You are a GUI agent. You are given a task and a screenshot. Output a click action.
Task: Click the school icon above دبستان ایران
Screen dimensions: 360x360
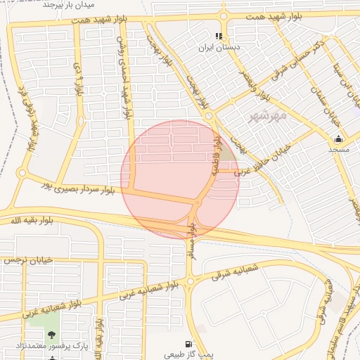click(x=219, y=35)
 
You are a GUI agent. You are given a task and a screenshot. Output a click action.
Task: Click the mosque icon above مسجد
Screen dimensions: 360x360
click(x=338, y=139)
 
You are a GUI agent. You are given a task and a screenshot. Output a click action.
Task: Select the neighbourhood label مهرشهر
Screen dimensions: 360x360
click(x=268, y=117)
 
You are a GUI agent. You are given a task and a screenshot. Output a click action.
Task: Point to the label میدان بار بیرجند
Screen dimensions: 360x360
click(x=69, y=4)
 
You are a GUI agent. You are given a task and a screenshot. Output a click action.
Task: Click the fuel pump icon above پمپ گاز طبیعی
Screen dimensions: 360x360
click(x=188, y=344)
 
